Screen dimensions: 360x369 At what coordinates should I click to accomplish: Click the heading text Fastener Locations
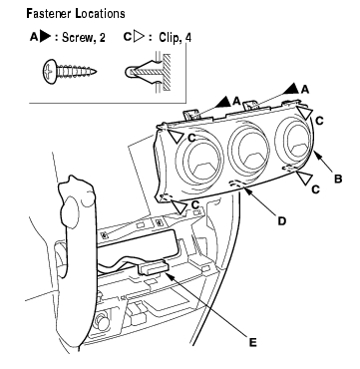[x=76, y=13]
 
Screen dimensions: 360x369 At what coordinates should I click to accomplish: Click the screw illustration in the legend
[x=70, y=71]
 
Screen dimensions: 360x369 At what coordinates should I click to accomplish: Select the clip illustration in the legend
[x=148, y=72]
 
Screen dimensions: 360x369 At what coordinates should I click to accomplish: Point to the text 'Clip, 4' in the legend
[x=175, y=37]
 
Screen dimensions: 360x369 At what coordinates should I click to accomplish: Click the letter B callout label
[x=338, y=179]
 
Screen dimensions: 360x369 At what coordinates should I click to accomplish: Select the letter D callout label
[x=281, y=220]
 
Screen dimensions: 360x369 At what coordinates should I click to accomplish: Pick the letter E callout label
[x=252, y=343]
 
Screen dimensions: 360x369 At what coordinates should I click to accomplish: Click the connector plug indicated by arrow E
[x=154, y=267]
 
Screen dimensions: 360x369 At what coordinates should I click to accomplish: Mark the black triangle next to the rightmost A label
[x=293, y=88]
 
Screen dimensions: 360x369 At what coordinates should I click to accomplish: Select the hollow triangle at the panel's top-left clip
[x=176, y=136]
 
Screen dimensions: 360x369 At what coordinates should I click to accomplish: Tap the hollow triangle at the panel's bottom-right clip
[x=305, y=179]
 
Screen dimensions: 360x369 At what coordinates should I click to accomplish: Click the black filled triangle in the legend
[x=45, y=37]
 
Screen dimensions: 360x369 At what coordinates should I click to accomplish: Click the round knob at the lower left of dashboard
[x=102, y=322]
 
